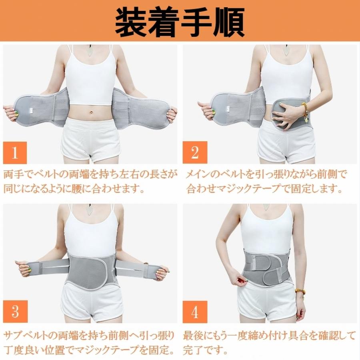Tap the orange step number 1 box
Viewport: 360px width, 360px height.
[15, 152]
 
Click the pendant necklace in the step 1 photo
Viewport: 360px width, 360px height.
[90, 51]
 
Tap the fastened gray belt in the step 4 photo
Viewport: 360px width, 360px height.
[266, 267]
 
